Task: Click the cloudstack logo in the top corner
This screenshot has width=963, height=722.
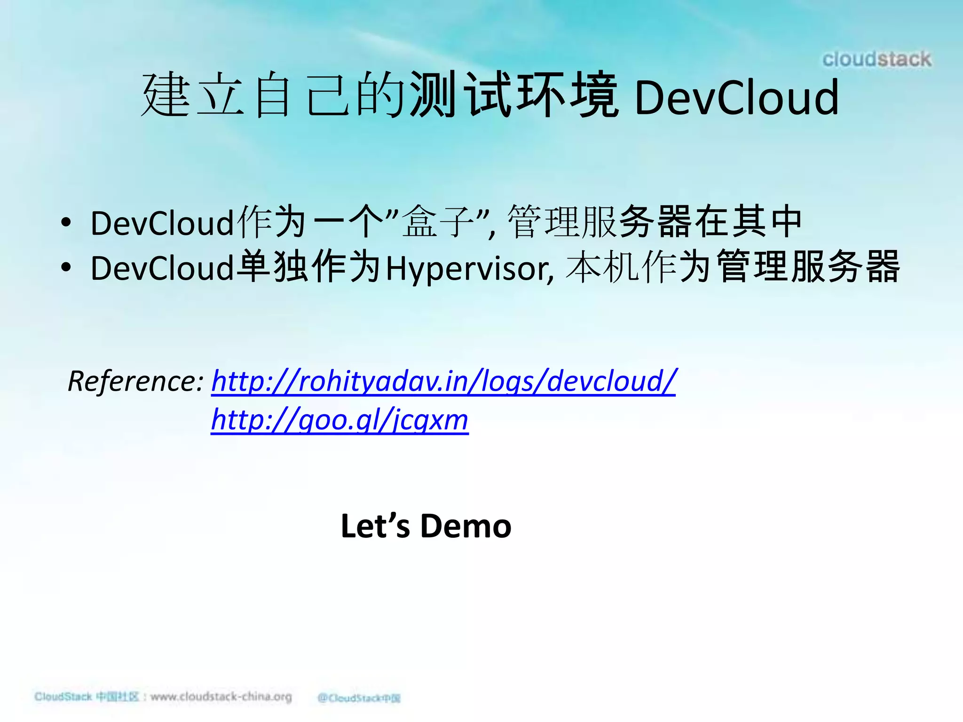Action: (876, 60)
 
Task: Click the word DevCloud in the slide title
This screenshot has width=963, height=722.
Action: (736, 98)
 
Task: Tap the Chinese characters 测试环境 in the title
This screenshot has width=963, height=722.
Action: (513, 95)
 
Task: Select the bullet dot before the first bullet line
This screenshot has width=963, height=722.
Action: (66, 222)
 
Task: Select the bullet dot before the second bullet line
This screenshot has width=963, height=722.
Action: (66, 267)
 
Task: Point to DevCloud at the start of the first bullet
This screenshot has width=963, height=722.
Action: (162, 223)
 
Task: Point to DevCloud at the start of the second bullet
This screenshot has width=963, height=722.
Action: (162, 268)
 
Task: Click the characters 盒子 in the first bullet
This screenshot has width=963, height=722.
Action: (438, 221)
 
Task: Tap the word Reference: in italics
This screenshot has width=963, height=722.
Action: (135, 381)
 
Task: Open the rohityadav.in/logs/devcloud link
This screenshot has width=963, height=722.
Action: (443, 381)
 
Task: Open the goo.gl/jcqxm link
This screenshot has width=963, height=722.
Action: (339, 420)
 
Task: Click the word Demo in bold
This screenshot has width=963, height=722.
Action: (466, 526)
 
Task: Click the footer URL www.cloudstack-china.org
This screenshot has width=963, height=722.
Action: (221, 697)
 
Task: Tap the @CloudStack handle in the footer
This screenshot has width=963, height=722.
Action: (359, 698)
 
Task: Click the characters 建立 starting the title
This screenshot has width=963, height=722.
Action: (193, 95)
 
